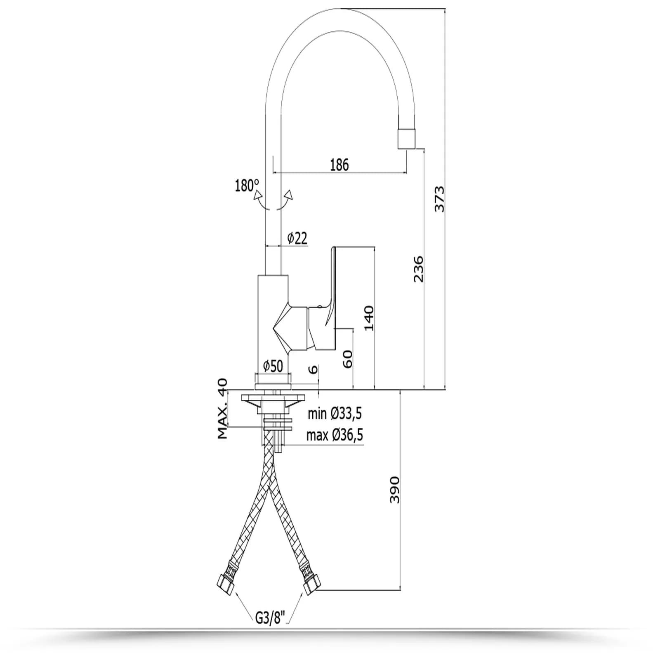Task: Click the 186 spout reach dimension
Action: [x=339, y=165]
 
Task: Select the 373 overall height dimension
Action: [x=440, y=199]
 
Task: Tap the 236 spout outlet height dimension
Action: [x=418, y=269]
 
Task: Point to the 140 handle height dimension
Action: [x=369, y=318]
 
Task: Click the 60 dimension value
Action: [x=348, y=359]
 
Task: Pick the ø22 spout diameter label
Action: [x=297, y=238]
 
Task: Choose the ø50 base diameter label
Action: [x=273, y=366]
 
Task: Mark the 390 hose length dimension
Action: [x=395, y=490]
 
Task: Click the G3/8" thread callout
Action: [x=270, y=618]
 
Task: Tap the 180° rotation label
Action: [x=247, y=186]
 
